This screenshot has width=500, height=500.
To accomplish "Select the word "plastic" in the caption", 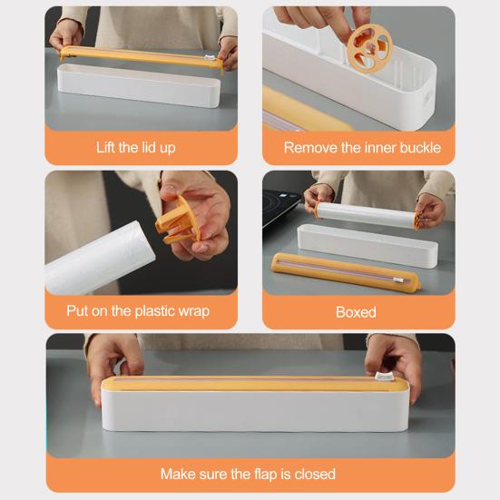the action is pos(155,311).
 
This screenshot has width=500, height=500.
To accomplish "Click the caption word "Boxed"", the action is pos(356,312).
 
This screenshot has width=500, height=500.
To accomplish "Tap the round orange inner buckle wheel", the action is pos(369,49).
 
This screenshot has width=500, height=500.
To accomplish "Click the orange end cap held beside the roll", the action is pos(178,221).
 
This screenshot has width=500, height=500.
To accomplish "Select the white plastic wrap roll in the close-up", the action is pos(100,258).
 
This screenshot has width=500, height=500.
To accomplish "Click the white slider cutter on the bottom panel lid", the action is pos(381,376).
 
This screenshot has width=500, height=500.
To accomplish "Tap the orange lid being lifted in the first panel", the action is pos(142,57).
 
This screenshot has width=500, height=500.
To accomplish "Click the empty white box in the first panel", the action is pos(139,85).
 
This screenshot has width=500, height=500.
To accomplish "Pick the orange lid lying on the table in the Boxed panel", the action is pos(346,271).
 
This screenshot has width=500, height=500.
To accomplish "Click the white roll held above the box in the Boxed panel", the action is pos(366,214).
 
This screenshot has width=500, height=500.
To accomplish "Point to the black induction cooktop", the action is pos(280,206).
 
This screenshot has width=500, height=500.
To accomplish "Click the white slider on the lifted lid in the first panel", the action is pos(209,58).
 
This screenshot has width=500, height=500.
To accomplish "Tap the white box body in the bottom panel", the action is pos(255,410).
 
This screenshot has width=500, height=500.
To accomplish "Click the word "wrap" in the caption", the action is pos(194,311).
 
